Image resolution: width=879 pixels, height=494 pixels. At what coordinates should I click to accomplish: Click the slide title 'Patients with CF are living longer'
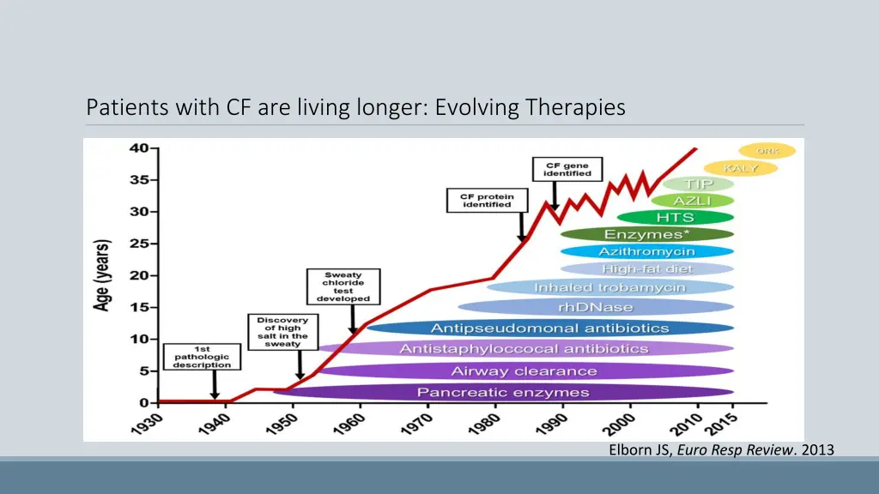tap(355, 108)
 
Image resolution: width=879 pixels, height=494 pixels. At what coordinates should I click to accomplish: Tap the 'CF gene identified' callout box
tap(567, 169)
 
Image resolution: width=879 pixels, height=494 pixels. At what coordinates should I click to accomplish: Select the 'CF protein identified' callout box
tap(482, 201)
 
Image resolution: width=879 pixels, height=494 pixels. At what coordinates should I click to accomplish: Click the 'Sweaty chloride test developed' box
tap(343, 286)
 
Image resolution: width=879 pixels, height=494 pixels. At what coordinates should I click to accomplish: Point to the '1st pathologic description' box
tap(202, 357)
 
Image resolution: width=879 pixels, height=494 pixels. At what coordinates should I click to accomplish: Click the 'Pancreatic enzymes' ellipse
tap(503, 392)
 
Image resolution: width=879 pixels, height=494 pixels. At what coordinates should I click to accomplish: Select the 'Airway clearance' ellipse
tap(524, 371)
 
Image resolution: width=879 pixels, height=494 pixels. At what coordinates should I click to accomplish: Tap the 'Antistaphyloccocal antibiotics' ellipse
tap(524, 349)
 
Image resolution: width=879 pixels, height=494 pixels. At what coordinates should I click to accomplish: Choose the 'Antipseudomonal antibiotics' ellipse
tap(549, 328)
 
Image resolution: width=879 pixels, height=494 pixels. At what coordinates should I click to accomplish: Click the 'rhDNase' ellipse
tap(596, 307)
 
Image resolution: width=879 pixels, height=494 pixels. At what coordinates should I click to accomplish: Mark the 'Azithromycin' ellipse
tap(646, 251)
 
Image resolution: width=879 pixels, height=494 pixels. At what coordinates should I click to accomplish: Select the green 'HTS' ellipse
tap(675, 217)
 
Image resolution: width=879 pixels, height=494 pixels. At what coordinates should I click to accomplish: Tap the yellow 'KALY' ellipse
tap(740, 168)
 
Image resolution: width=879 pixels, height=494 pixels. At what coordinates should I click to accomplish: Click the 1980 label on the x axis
tap(483, 423)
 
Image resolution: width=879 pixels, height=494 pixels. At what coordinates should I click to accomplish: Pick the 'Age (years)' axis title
tap(102, 274)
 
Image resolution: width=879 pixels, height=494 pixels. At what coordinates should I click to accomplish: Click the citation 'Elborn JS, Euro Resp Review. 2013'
tap(721, 449)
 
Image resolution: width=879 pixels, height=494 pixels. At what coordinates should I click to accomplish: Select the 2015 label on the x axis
tap(723, 423)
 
